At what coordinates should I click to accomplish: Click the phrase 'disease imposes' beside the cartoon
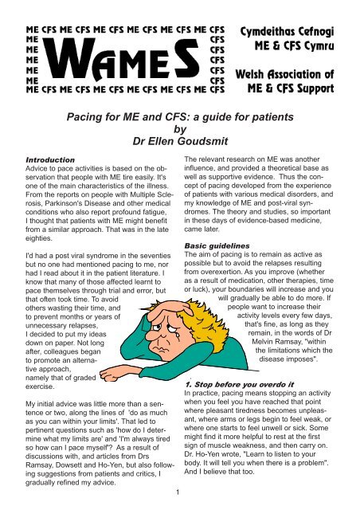(293, 359)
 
